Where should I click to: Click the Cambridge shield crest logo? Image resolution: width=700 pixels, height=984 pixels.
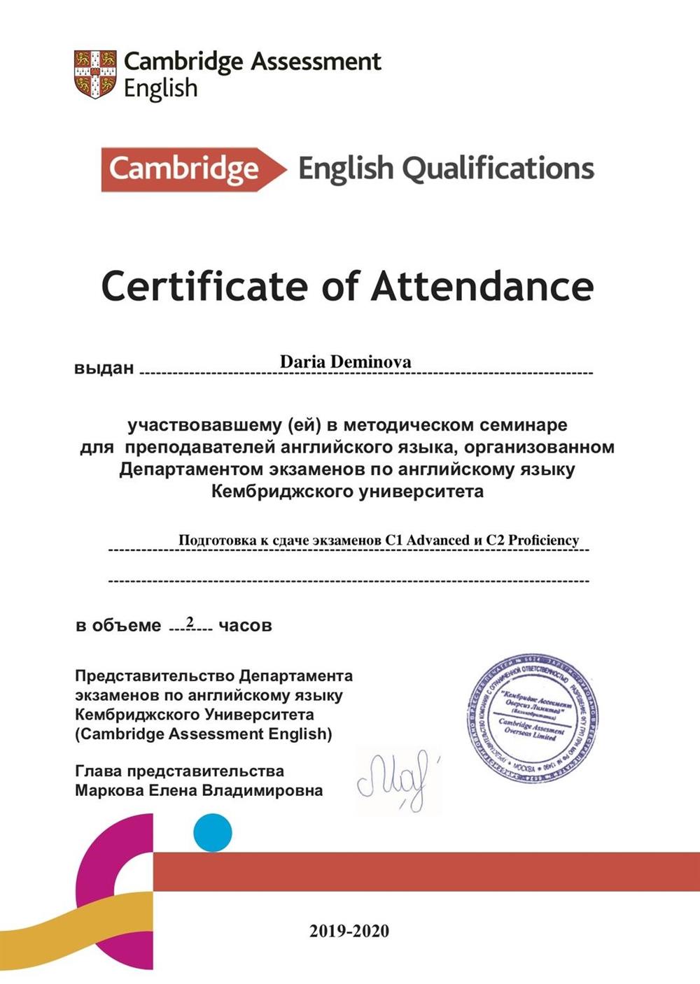point(95,73)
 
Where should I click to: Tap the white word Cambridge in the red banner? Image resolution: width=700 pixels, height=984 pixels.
point(184,169)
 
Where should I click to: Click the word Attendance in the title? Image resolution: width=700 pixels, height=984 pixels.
point(482,286)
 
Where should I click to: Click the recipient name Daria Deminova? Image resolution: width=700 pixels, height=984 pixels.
point(345,362)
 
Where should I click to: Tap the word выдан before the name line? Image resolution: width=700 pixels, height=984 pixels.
point(104,369)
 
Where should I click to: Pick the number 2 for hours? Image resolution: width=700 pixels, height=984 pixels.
point(190,621)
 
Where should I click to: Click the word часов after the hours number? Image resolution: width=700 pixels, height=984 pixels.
point(245,625)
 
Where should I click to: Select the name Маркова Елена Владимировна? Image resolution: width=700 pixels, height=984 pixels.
point(199,791)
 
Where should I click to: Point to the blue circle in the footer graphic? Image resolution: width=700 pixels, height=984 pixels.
point(212,833)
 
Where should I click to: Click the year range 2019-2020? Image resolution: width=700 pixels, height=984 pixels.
point(349,931)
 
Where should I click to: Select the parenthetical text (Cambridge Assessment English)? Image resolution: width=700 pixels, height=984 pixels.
point(203,734)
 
